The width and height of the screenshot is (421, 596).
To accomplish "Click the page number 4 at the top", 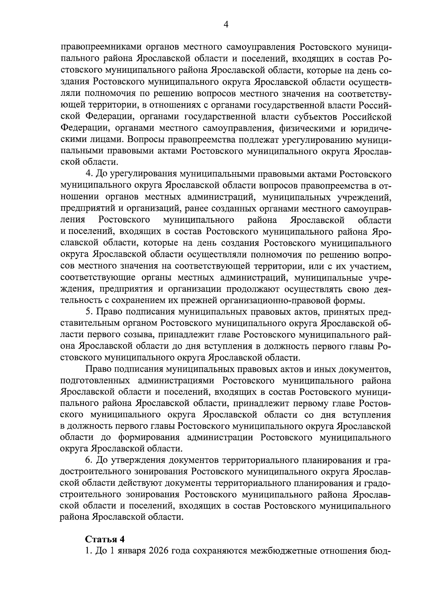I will click(x=226, y=24).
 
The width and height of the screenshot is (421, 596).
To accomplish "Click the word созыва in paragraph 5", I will click(x=132, y=335).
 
